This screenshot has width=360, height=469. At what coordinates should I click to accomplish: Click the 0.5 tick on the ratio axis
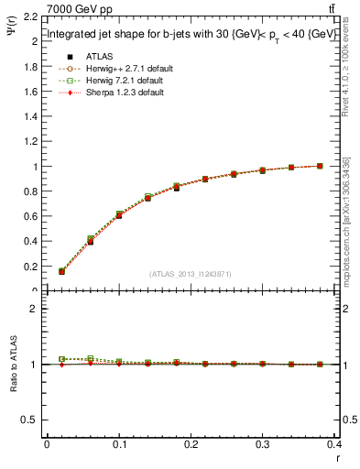(30, 420)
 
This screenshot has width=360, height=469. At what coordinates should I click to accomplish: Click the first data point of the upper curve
(61, 271)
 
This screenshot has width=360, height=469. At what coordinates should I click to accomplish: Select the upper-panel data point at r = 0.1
(119, 214)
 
